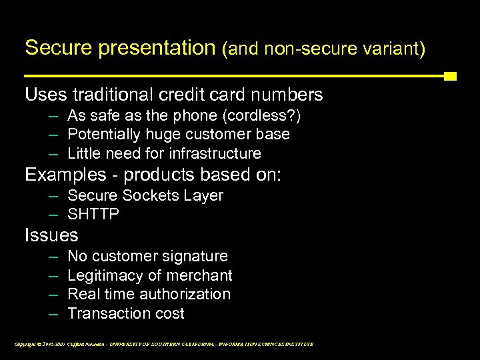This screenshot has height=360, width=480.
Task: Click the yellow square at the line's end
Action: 450,76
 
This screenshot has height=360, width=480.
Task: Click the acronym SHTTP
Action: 93,215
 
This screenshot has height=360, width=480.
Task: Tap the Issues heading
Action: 51,235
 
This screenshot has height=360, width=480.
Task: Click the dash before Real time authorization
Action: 53,294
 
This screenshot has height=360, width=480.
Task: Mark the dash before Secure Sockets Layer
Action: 53,196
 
